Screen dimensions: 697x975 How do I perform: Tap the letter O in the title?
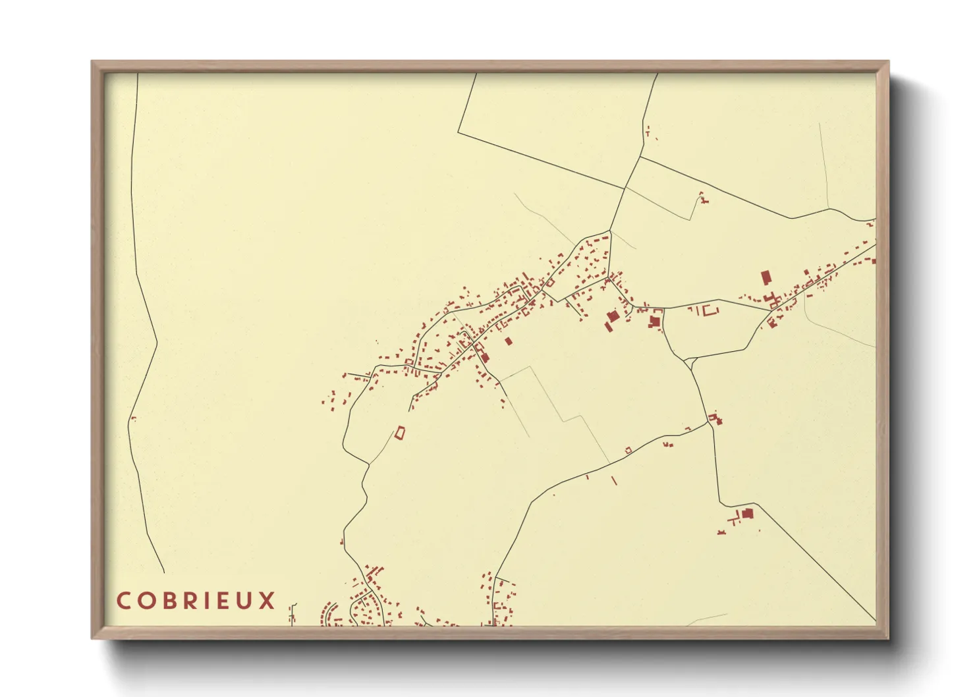click(147, 601)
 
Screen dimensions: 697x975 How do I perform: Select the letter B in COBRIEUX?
click(171, 601)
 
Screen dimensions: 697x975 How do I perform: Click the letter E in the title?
click(228, 601)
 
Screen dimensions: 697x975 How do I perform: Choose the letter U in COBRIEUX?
click(249, 601)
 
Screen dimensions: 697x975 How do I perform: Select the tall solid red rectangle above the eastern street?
click(766, 277)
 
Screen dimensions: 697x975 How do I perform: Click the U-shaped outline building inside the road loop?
click(709, 310)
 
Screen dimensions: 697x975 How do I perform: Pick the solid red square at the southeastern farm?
click(746, 514)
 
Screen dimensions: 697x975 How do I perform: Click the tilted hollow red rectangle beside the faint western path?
click(399, 432)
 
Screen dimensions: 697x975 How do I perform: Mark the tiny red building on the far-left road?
click(134, 418)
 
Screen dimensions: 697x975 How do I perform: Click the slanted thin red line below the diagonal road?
click(614, 480)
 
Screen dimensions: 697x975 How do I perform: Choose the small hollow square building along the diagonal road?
click(628, 450)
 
